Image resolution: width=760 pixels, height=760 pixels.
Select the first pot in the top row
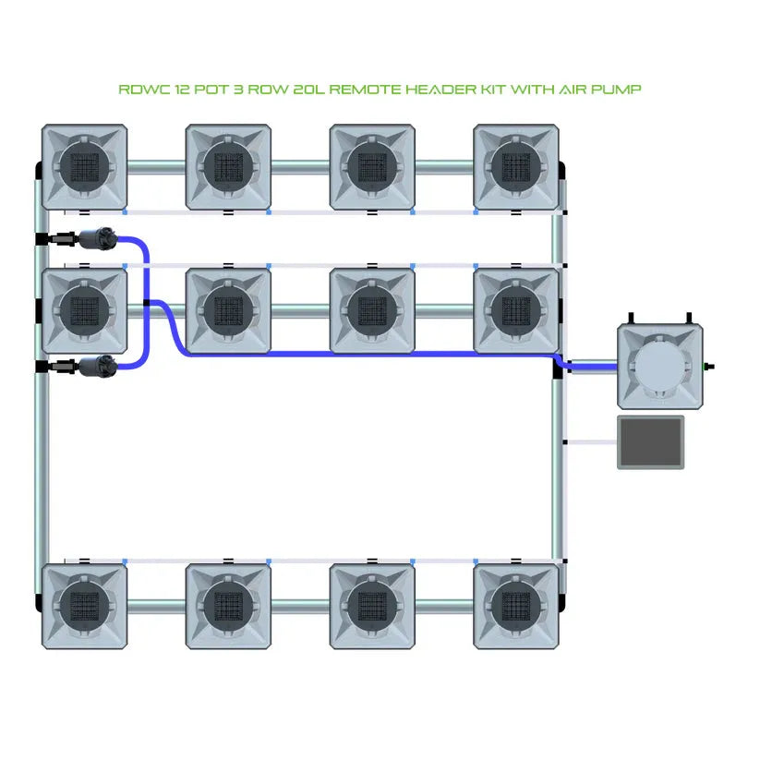[x=85, y=167]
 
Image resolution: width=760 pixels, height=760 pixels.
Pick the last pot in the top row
[x=516, y=167]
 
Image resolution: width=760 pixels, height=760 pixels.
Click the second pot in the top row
[x=228, y=167]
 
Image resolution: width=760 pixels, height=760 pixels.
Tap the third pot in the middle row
[x=372, y=310]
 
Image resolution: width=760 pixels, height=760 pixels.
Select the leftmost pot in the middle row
[x=85, y=310]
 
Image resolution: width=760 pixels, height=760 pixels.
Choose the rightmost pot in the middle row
[x=516, y=310]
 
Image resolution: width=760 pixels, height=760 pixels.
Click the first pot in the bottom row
[x=85, y=606]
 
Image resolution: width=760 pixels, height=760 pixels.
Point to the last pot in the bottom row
[x=516, y=606]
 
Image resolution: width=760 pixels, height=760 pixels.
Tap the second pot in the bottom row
[x=228, y=606]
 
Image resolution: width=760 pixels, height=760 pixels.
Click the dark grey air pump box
[x=651, y=442]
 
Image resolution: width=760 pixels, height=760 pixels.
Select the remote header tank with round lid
[x=660, y=366]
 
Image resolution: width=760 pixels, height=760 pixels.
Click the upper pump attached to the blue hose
[x=96, y=239]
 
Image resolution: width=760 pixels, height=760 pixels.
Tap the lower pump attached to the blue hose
[x=96, y=367]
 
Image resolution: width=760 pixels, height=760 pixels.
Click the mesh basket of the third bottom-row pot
[x=372, y=606]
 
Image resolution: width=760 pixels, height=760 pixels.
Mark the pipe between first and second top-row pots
[x=156, y=167]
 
